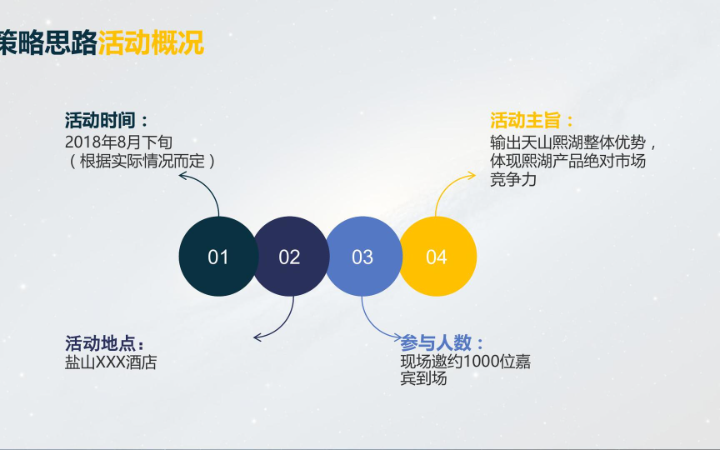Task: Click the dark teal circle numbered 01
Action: (x=218, y=257)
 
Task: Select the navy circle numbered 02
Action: (x=290, y=257)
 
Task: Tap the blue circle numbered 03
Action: (x=362, y=257)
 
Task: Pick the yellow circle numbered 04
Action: (x=437, y=257)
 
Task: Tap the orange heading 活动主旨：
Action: (x=533, y=121)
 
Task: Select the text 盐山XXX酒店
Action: (x=111, y=362)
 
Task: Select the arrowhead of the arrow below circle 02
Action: (x=258, y=337)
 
